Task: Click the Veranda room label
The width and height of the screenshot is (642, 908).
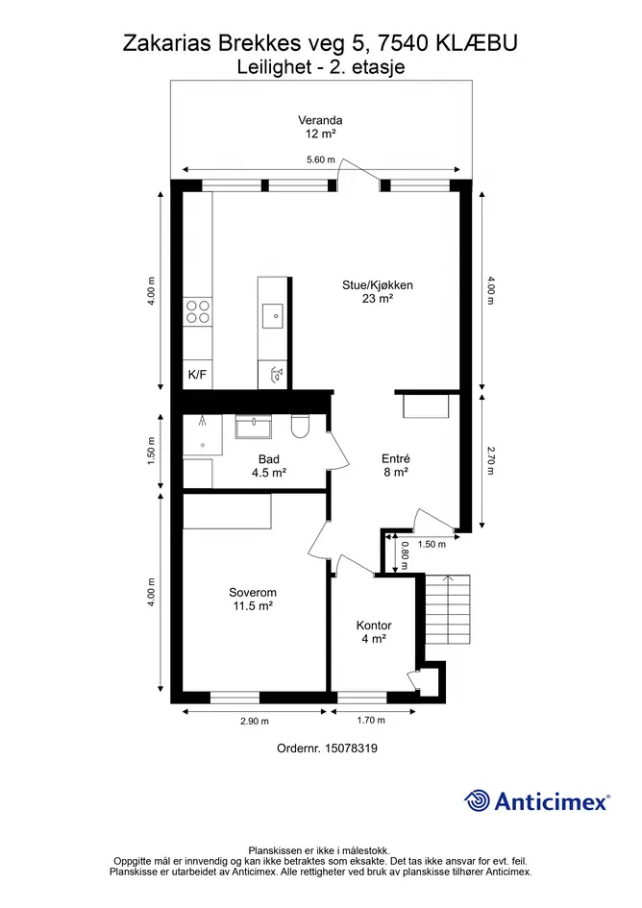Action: pos(320,127)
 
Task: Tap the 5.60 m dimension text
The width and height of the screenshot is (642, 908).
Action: pos(320,160)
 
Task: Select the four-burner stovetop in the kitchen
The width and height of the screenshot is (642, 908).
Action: pos(198,312)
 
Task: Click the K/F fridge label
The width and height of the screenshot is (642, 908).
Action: pos(198,375)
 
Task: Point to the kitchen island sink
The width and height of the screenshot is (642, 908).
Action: pos(272,316)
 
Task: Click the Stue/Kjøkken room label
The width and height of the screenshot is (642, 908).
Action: pos(377,292)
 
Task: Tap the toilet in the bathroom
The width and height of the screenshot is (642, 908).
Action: pos(300,427)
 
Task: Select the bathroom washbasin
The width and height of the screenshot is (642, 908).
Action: pos(253,427)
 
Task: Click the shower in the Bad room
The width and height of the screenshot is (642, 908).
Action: pos(202,435)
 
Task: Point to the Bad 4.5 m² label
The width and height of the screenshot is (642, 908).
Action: pos(269,466)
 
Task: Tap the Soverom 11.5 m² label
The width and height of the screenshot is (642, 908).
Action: pos(253,600)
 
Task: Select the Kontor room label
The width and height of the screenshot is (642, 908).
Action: pos(374,632)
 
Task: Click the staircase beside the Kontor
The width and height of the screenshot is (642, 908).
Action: pos(447,609)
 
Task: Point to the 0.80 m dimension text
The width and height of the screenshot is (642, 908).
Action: pos(405,554)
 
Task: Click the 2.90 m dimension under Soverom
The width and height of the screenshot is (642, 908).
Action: pos(255,721)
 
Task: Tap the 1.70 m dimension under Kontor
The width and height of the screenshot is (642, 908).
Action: pos(371,720)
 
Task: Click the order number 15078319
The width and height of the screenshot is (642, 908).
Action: pos(351,748)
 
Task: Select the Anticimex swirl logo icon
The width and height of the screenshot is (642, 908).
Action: pos(478,801)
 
